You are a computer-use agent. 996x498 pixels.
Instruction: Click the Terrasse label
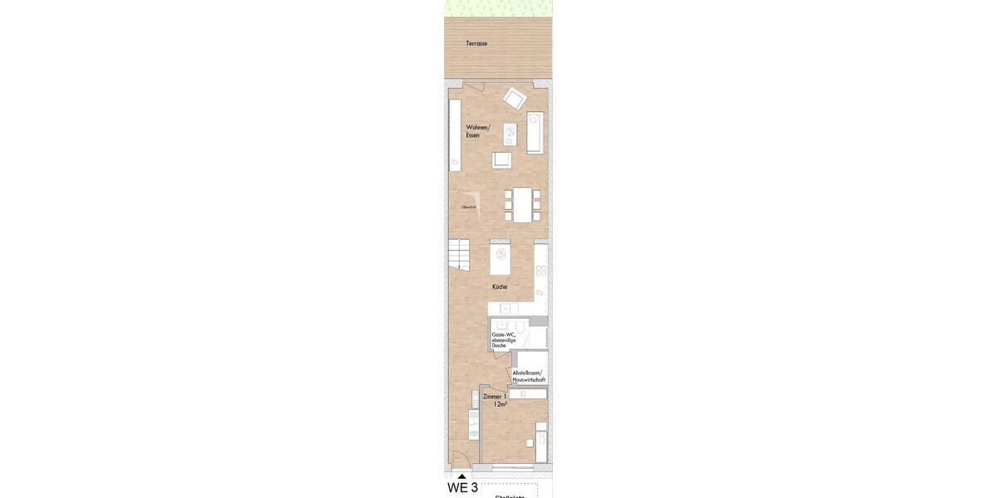pyautogui.click(x=476, y=43)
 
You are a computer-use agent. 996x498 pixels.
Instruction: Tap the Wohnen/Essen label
pyautogui.click(x=477, y=131)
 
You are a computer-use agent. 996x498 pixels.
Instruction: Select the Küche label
pyautogui.click(x=499, y=286)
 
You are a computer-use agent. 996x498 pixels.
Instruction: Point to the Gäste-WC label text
pyautogui.click(x=503, y=334)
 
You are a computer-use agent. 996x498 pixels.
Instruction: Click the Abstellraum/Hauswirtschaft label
pyautogui.click(x=529, y=376)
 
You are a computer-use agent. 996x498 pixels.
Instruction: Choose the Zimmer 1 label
pyautogui.click(x=494, y=397)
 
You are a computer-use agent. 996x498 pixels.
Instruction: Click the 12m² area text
pyautogui.click(x=500, y=404)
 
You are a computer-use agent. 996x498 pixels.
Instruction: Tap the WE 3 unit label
pyautogui.click(x=462, y=488)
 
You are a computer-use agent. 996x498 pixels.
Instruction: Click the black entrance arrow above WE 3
pyautogui.click(x=461, y=476)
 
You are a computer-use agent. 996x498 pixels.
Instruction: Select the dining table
pyautogui.click(x=522, y=204)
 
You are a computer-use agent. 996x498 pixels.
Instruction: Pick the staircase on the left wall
pyautogui.click(x=458, y=254)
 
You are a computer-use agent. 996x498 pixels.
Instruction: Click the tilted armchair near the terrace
pyautogui.click(x=515, y=98)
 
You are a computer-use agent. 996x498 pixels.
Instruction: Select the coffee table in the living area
pyautogui.click(x=510, y=134)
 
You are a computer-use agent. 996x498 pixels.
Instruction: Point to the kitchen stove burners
pyautogui.click(x=540, y=271)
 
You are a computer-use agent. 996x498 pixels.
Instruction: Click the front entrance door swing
pyautogui.click(x=459, y=458)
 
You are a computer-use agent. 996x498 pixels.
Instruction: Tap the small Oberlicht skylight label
pyautogui.click(x=469, y=207)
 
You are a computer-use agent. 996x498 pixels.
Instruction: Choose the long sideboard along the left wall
pyautogui.click(x=455, y=135)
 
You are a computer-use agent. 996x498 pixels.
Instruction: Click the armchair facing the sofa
pyautogui.click(x=502, y=159)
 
